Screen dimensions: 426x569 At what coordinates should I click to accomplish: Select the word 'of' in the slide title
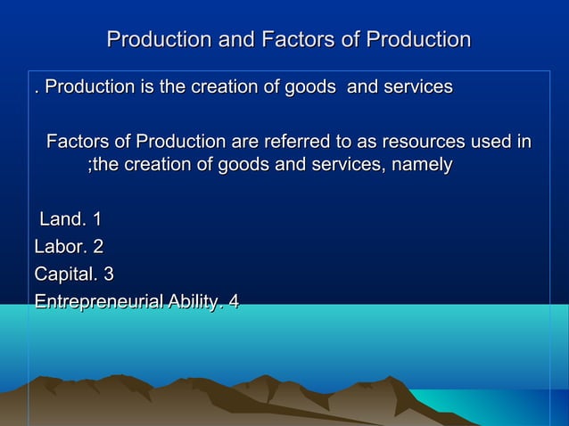pyautogui.click(x=345, y=40)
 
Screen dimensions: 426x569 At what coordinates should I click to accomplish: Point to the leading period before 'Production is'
pyautogui.click(x=36, y=89)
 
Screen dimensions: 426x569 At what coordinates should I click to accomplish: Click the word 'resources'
pyautogui.click(x=426, y=142)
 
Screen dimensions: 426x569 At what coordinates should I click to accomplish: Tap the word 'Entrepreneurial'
pyautogui.click(x=97, y=302)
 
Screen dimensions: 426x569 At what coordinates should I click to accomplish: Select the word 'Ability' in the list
pyautogui.click(x=194, y=302)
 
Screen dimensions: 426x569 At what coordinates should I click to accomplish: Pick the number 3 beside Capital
pyautogui.click(x=109, y=274)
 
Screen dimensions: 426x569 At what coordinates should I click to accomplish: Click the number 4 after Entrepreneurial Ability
pyautogui.click(x=234, y=302)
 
